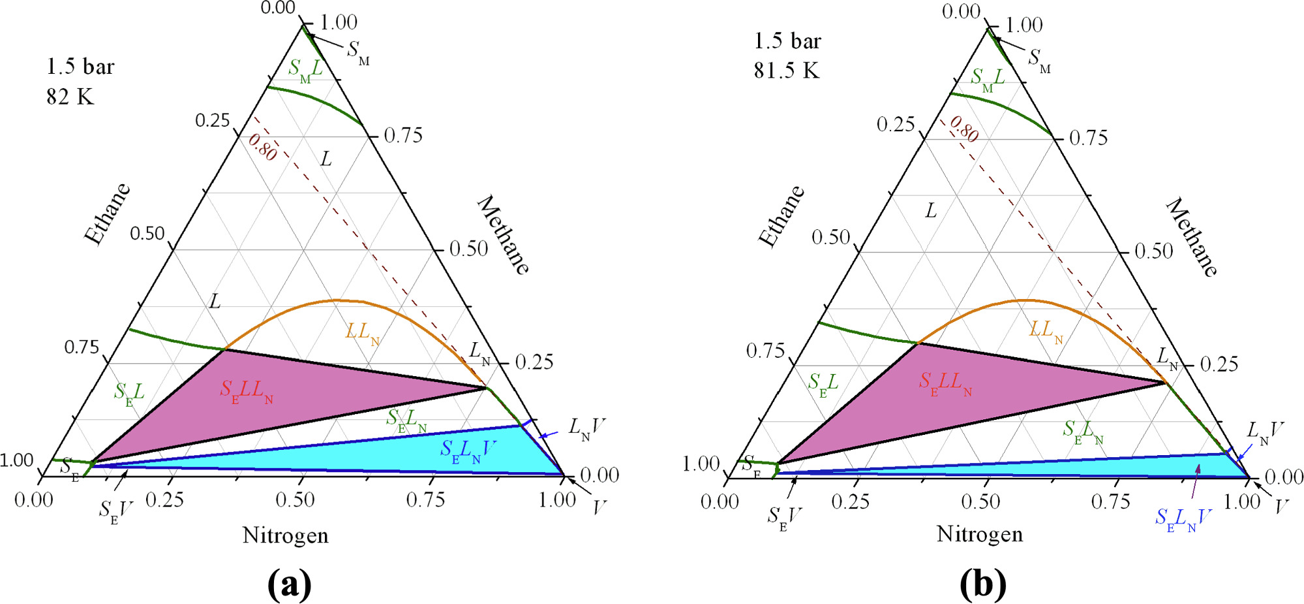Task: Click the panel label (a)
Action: coord(289,584)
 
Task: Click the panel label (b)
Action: coord(982,584)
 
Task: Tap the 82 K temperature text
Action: coord(70,97)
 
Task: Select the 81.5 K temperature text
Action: coord(786,70)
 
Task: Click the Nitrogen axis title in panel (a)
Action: coord(285,535)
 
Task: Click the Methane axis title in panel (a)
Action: coord(504,234)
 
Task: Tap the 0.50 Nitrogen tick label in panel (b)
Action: coord(980,501)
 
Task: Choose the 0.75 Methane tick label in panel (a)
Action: coord(403,135)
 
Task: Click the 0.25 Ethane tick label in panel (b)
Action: coord(896,124)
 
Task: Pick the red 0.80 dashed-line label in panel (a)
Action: coord(263,148)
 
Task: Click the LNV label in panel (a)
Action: coord(586,428)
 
